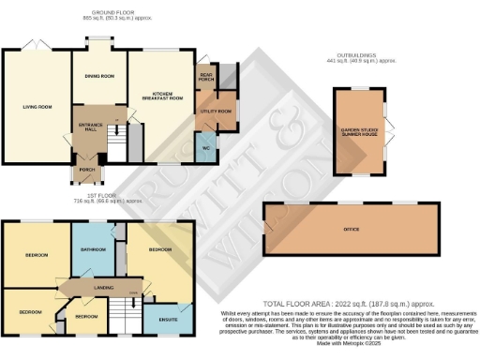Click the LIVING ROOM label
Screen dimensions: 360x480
tap(37, 107)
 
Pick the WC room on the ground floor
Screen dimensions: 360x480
tap(205, 148)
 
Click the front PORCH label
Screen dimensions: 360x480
tap(87, 171)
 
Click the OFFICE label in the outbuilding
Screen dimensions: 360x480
tap(352, 229)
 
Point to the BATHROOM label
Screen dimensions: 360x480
tap(93, 249)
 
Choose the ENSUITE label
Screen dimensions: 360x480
tap(169, 321)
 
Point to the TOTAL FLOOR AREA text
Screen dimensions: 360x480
tap(348, 305)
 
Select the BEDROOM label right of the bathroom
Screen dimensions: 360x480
tap(159, 250)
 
